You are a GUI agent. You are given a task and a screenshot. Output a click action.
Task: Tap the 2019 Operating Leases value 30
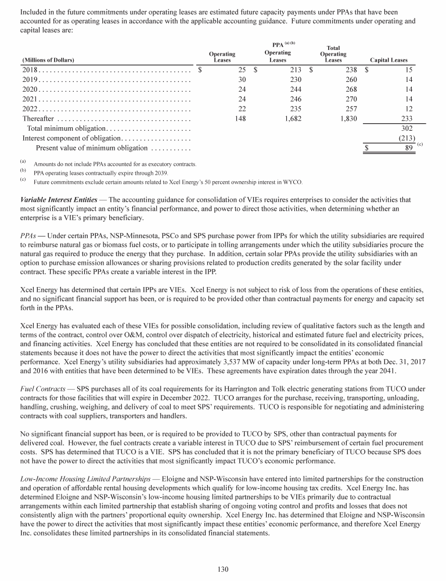click(242, 80)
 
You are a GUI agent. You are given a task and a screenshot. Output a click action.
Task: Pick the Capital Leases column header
click(388, 60)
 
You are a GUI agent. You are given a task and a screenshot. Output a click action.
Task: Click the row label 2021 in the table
click(30, 99)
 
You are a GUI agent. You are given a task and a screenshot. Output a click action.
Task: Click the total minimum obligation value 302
click(407, 128)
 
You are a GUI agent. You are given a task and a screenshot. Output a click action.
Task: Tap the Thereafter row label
click(38, 118)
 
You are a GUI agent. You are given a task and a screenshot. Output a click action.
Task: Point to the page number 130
click(223, 569)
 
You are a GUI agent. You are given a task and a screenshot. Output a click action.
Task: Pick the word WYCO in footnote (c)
click(294, 182)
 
